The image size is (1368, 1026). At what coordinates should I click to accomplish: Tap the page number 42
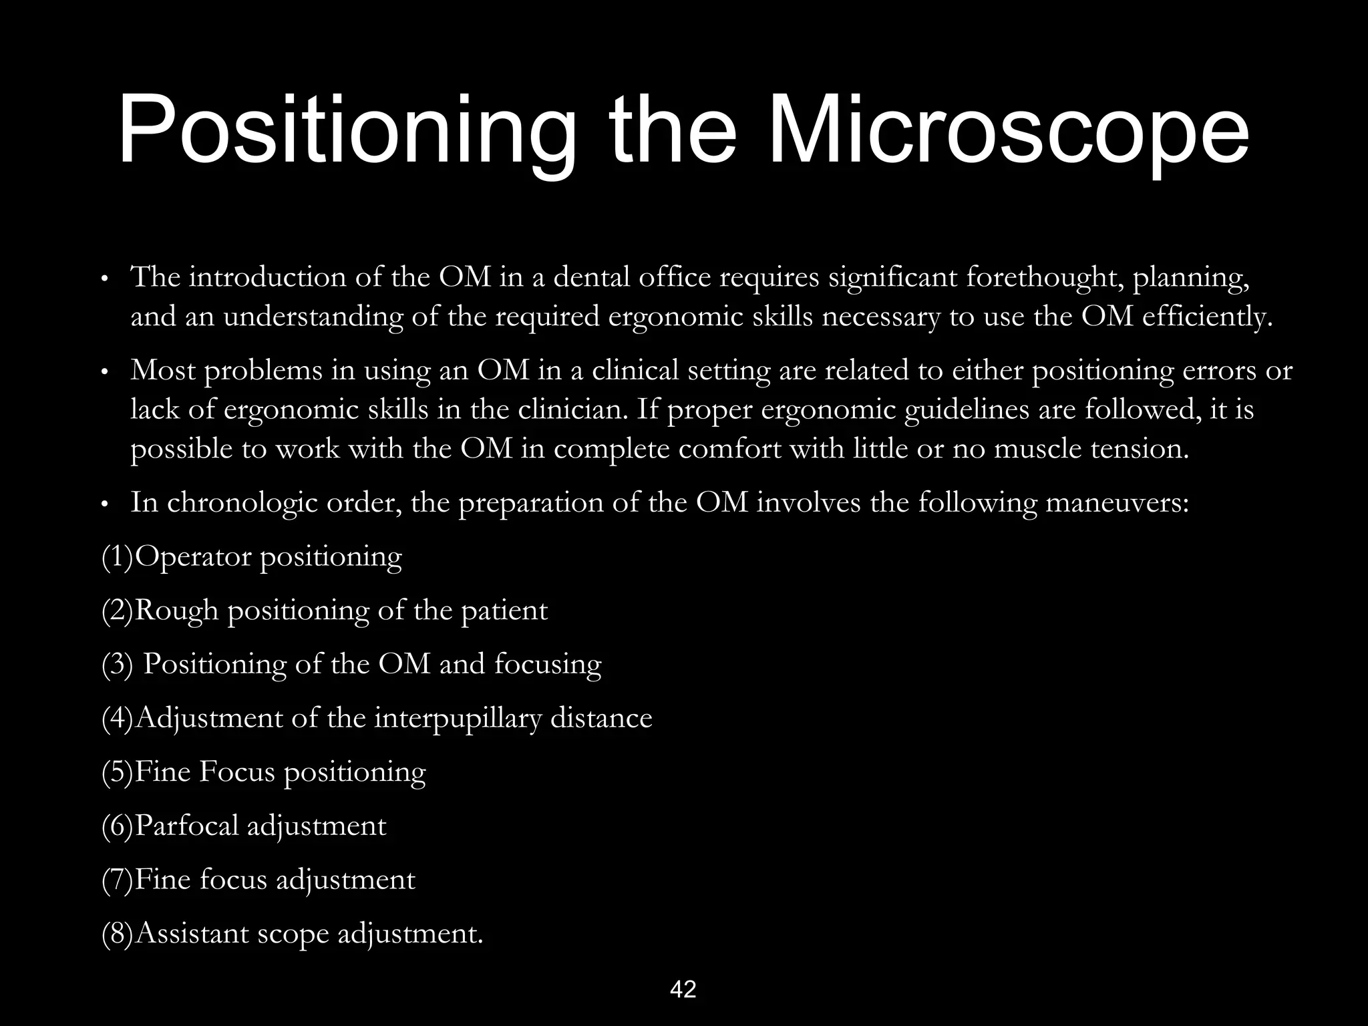683,989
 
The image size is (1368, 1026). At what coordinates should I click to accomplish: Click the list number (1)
118,556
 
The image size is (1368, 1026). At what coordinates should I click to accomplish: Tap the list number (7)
118,880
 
